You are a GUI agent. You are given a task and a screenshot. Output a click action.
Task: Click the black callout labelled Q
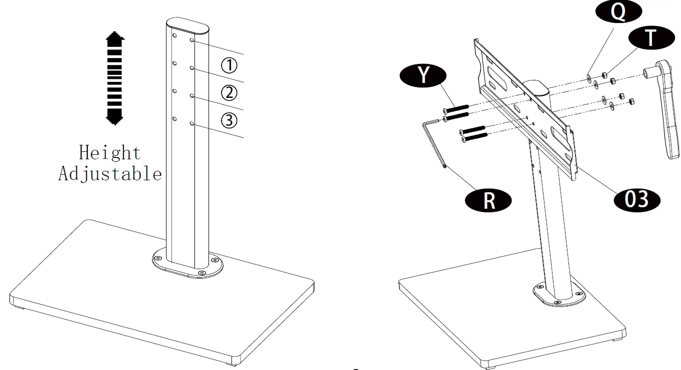pyautogui.click(x=618, y=12)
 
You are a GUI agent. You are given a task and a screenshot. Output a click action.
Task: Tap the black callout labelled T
pyautogui.click(x=650, y=37)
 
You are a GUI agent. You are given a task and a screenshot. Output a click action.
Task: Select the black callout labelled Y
pyautogui.click(x=423, y=74)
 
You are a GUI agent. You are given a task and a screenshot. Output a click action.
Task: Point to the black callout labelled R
pyautogui.click(x=488, y=200)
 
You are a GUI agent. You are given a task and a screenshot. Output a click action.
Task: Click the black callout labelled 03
pyautogui.click(x=636, y=199)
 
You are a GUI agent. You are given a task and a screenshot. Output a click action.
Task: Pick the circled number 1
pyautogui.click(x=229, y=65)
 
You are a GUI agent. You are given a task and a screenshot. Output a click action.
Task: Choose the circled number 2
pyautogui.click(x=229, y=93)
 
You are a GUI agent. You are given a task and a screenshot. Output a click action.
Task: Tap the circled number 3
pyautogui.click(x=229, y=120)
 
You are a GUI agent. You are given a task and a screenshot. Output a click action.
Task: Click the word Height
pyautogui.click(x=110, y=152)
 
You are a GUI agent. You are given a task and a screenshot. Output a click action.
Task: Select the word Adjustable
pyautogui.click(x=110, y=174)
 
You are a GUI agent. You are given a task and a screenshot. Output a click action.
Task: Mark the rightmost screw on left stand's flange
pyautogui.click(x=214, y=260)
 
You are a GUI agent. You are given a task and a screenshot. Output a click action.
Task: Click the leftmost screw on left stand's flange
pyautogui.click(x=158, y=258)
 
